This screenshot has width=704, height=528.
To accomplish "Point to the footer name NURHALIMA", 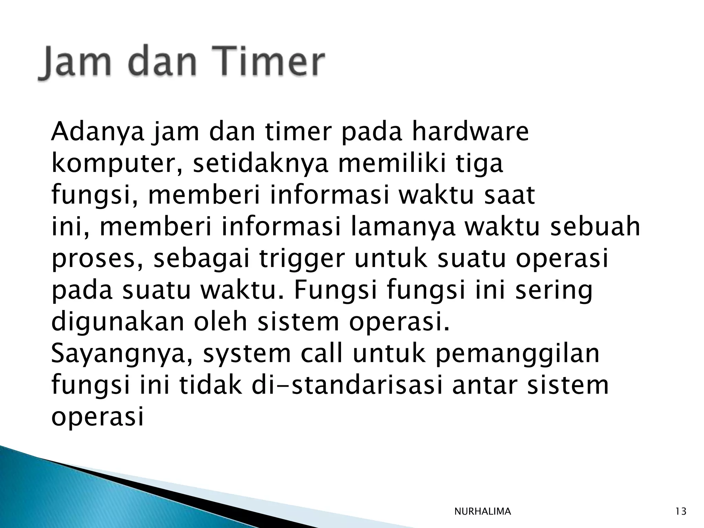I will [482, 511].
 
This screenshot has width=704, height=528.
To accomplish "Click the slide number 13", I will [681, 511].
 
